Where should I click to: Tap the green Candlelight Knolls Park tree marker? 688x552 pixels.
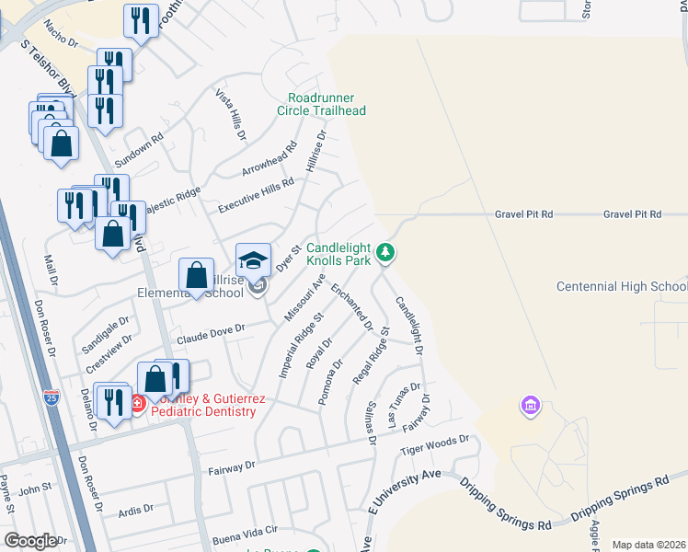tap(387, 251)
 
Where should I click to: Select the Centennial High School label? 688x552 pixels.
tap(622, 287)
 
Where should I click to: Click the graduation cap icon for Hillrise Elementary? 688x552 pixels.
tap(254, 259)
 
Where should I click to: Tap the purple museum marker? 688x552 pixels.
tap(529, 405)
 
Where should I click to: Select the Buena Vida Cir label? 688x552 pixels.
tap(246, 533)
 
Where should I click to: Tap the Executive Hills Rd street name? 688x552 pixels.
tap(255, 196)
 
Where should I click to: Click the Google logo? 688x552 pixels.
tap(29, 541)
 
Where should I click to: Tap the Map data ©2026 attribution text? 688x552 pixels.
tap(649, 545)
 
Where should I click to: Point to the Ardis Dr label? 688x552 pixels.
tap(135, 511)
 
